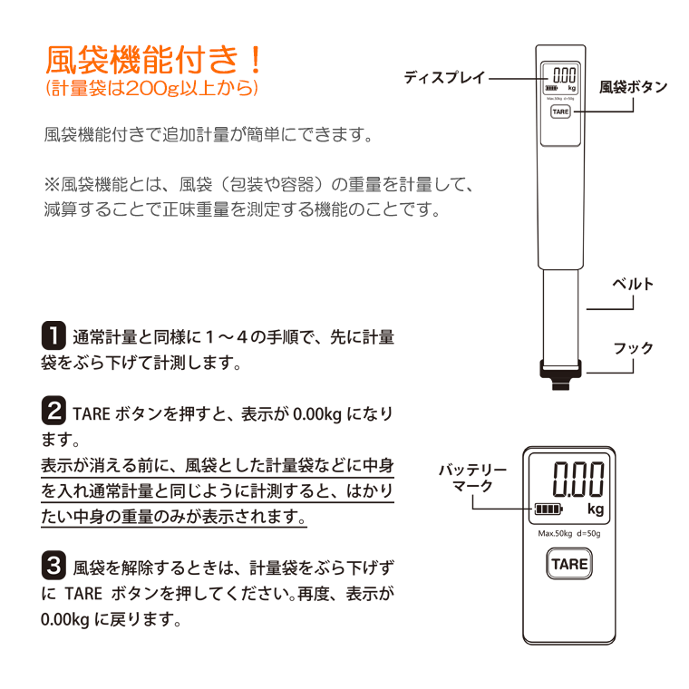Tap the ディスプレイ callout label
click(445, 78)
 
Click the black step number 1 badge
click(53, 336)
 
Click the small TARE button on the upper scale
click(560, 112)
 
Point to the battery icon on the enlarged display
click(548, 508)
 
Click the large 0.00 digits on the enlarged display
click(579, 478)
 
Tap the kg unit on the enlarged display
click(595, 509)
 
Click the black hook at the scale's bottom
click(560, 373)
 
